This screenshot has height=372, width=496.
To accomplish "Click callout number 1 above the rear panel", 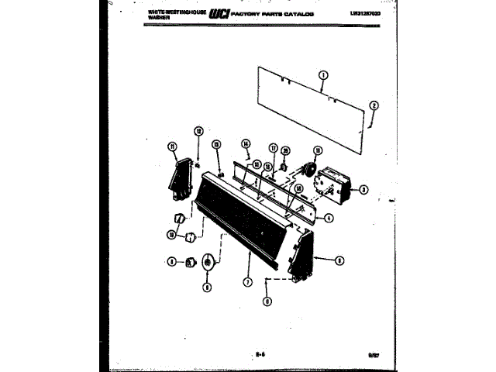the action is [x=323, y=75].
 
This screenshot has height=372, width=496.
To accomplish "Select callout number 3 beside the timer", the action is [x=363, y=189].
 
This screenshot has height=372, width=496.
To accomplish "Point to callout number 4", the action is [x=329, y=218].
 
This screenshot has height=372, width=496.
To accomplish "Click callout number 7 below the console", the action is [x=247, y=282].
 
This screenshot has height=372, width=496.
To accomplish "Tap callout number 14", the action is [x=246, y=143].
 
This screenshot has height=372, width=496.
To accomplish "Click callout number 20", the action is [x=285, y=150].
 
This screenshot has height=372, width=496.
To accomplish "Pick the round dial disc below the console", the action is [x=207, y=263].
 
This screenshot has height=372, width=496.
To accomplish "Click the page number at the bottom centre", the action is [x=258, y=354].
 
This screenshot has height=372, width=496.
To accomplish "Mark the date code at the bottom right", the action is [x=374, y=355].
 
